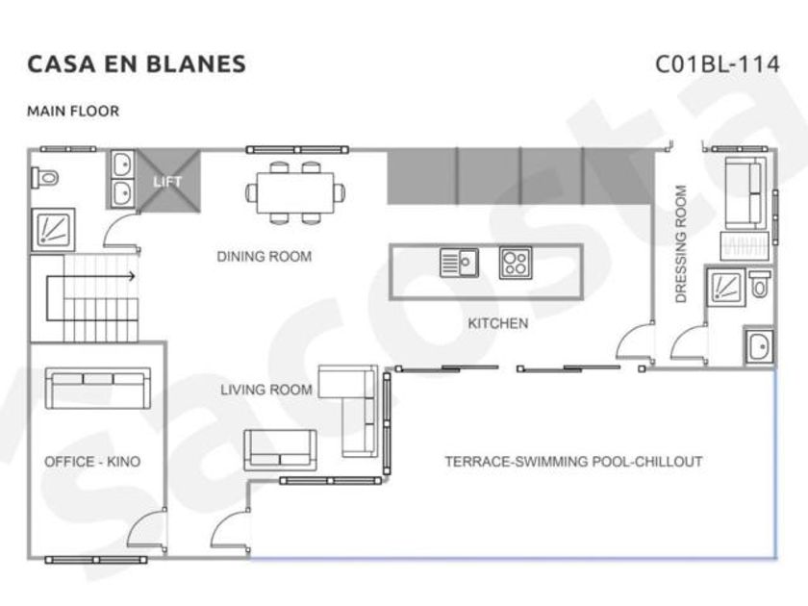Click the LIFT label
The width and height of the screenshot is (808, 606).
167,182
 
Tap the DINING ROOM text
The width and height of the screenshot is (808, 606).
265,257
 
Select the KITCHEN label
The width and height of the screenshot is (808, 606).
498,323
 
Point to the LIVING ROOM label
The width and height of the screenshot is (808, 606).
266,390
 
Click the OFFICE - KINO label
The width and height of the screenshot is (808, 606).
92,462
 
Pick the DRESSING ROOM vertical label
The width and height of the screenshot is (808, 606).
681,243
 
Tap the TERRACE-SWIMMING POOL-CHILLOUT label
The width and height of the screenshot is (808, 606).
573,461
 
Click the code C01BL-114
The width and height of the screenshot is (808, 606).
717,64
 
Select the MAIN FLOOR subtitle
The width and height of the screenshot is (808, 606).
73,112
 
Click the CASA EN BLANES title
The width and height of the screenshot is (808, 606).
137,64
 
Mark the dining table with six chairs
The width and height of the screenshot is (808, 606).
295,192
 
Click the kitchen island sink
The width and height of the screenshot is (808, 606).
459,263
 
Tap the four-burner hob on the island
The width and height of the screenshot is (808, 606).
516,263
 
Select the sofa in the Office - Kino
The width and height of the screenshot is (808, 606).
98,388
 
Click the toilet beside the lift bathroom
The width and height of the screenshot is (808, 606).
45,178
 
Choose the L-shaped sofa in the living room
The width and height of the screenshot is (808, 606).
348,411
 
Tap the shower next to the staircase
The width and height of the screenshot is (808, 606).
54,230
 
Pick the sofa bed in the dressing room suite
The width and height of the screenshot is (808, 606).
744,192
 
